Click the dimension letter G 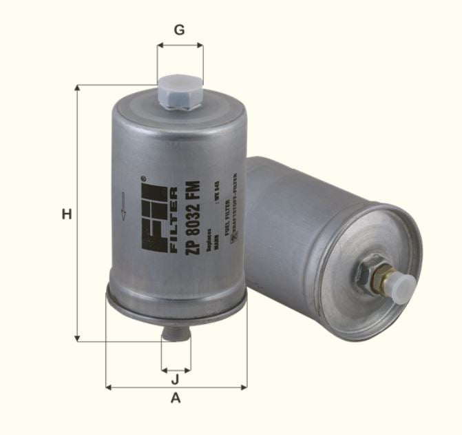click(x=180, y=30)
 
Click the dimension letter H click(x=66, y=214)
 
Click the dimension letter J click(x=176, y=378)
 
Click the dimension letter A click(x=176, y=398)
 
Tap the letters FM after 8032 click(x=193, y=188)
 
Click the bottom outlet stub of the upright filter click(x=175, y=334)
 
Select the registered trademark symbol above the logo click(x=144, y=179)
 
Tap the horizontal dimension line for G click(x=180, y=46)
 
